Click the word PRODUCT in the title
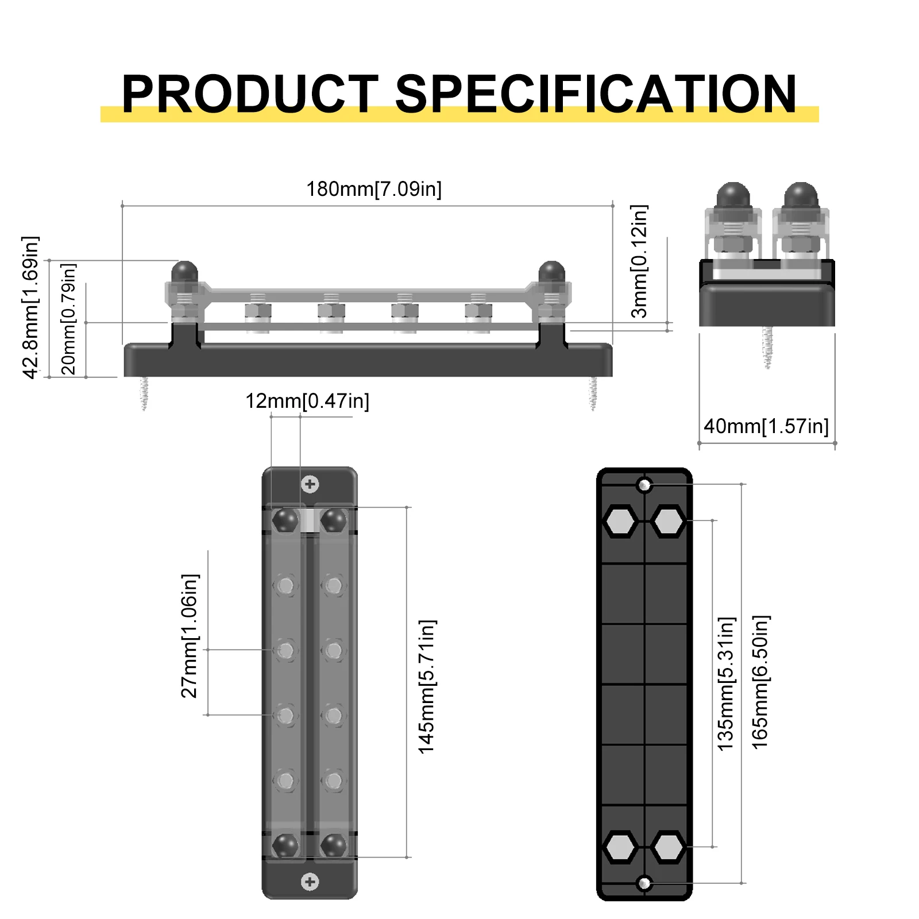click(x=250, y=94)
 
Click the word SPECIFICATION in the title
click(x=596, y=94)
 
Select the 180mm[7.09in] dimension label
click(x=374, y=189)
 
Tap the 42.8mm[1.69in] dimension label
click(x=30, y=307)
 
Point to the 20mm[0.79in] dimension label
click(x=68, y=319)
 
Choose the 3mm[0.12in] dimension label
click(x=639, y=261)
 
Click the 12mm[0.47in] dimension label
click(x=307, y=401)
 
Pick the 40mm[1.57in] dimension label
click(x=766, y=426)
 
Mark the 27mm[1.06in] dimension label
click(x=190, y=636)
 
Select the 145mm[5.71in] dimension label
click(x=427, y=687)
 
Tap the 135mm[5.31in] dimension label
click(x=726, y=684)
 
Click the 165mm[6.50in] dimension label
click(x=760, y=682)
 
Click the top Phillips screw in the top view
click(x=310, y=484)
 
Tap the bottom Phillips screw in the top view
click(x=310, y=882)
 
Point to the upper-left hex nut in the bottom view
click(x=620, y=522)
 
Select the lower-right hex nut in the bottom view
click(x=669, y=847)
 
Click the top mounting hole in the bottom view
click(x=644, y=485)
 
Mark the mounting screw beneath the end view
click(x=767, y=347)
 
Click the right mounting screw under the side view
click(x=593, y=393)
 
